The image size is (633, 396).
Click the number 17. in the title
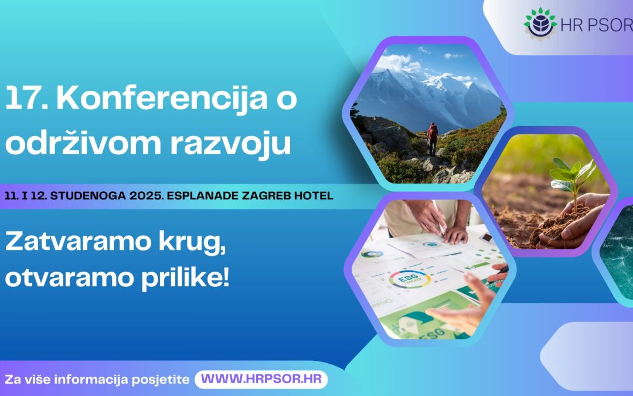click(x=26, y=98)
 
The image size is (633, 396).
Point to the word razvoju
click(x=230, y=145)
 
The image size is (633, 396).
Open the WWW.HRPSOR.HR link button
click(x=261, y=380)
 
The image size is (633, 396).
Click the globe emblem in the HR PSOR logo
click(x=540, y=23)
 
